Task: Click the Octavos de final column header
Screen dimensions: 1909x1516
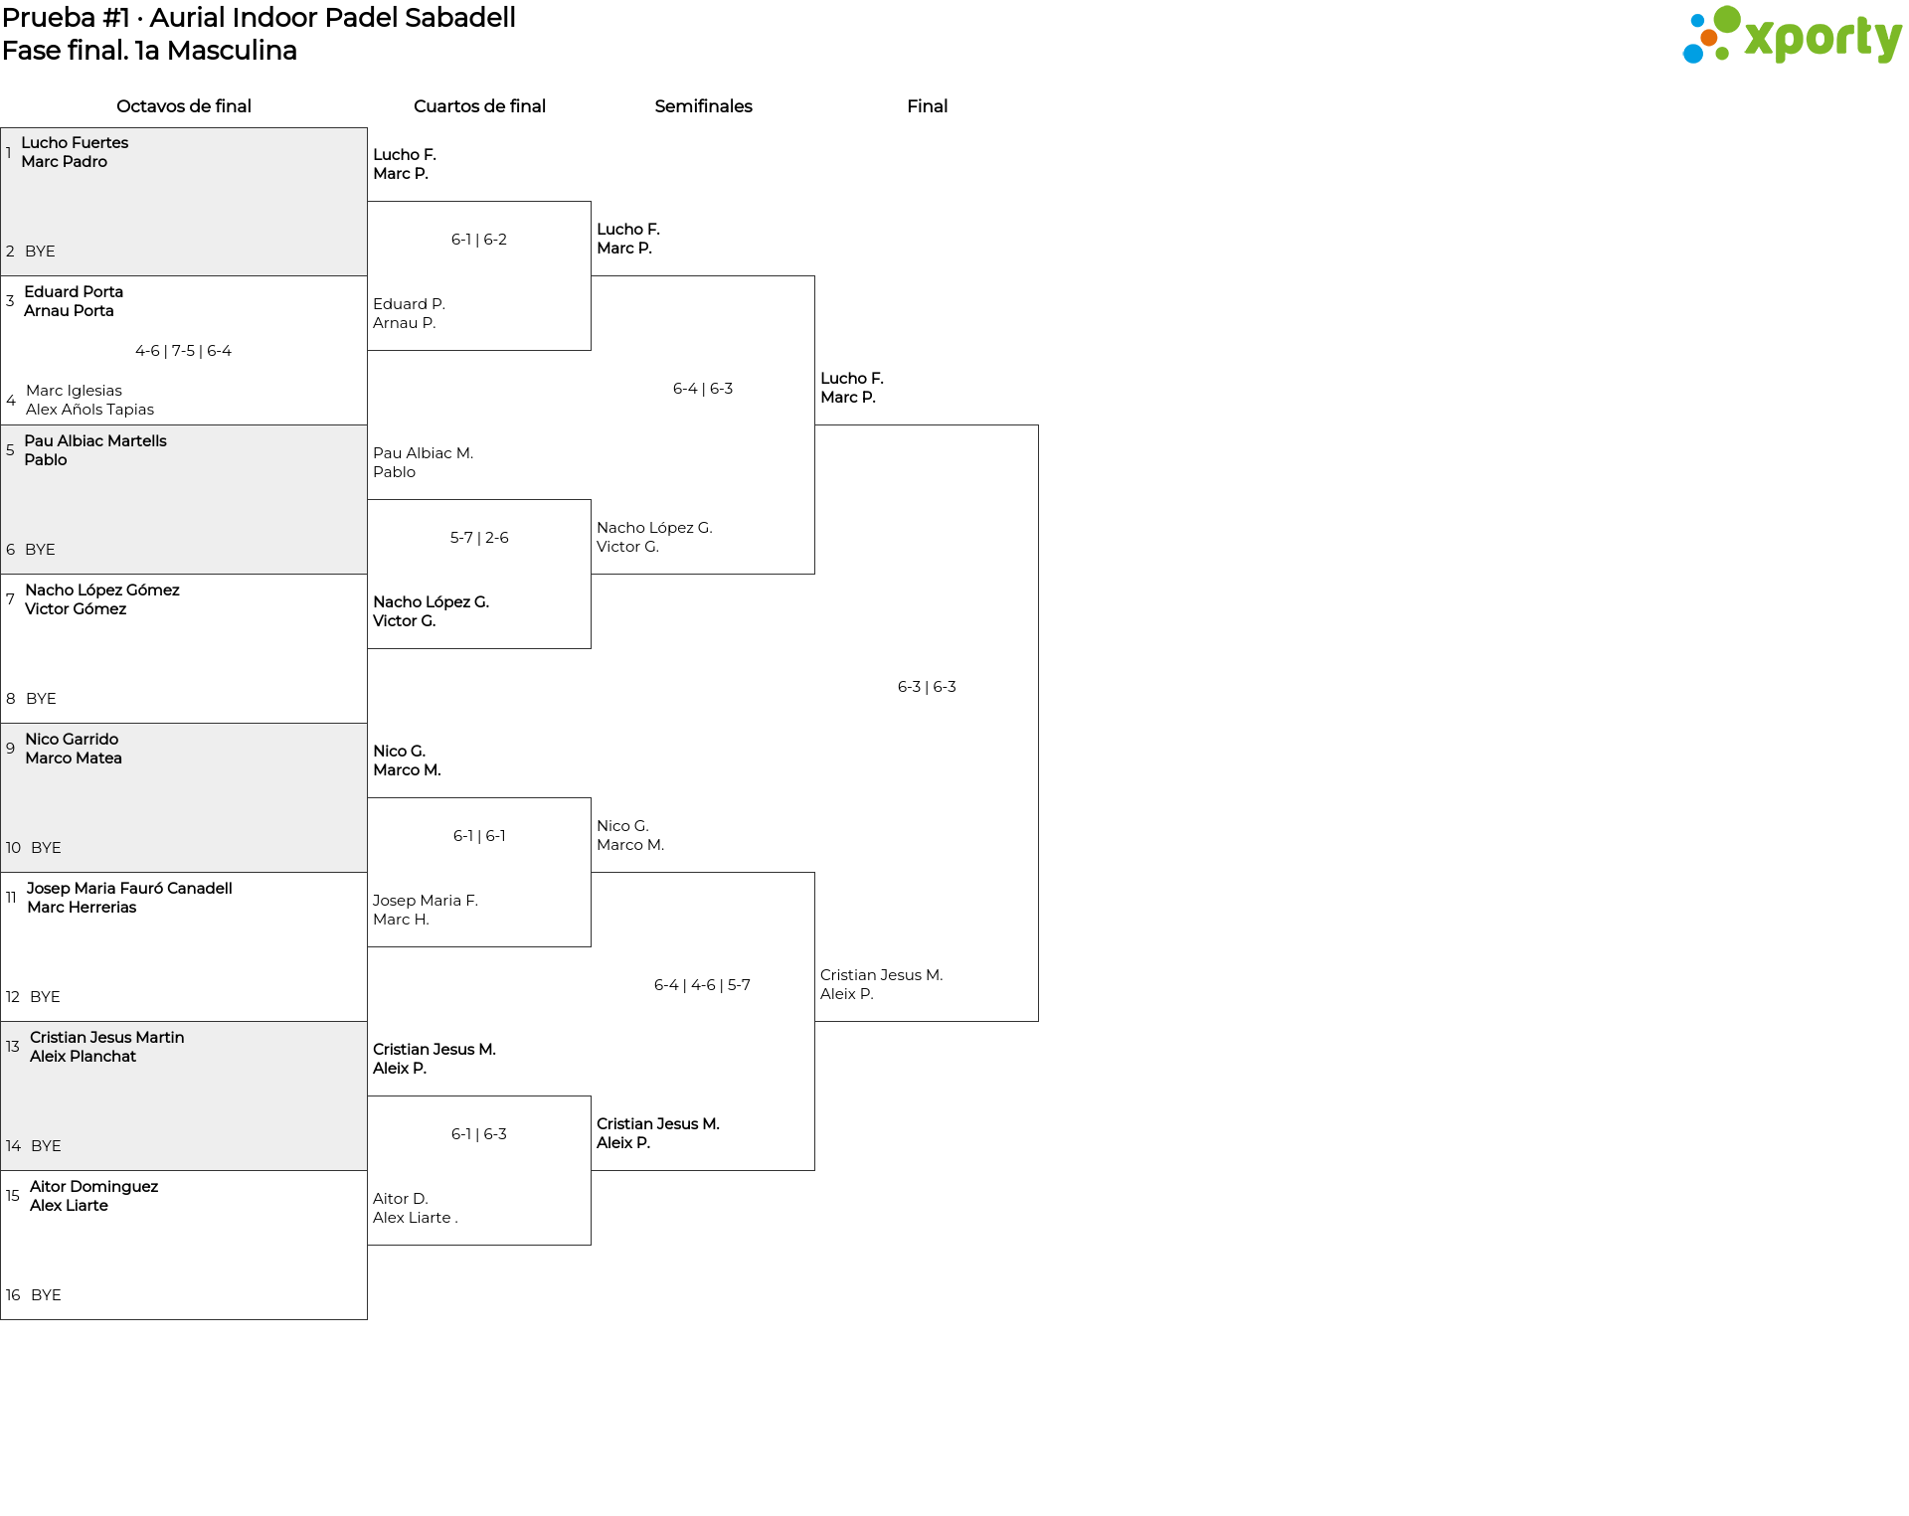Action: [x=184, y=106]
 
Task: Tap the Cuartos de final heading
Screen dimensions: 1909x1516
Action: [x=479, y=106]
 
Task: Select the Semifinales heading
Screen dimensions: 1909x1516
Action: [x=703, y=106]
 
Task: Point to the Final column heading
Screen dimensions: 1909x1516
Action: [x=927, y=106]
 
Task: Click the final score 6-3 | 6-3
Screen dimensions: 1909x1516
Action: [x=927, y=687]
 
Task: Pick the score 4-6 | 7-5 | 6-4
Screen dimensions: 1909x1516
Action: [x=183, y=351]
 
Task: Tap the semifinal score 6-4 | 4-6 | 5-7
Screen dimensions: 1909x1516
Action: [x=702, y=985]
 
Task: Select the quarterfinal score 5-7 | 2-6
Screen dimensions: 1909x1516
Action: [x=479, y=538]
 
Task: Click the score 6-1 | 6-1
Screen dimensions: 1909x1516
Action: [x=479, y=836]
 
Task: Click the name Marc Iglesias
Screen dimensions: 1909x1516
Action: [x=75, y=391]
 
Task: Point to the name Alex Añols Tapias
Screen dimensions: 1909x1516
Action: [x=90, y=410]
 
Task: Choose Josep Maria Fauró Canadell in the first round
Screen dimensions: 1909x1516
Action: [x=129, y=888]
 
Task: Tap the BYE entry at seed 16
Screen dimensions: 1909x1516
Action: [x=46, y=1295]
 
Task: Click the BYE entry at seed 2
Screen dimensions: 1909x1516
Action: [x=40, y=252]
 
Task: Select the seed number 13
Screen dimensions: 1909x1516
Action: [x=13, y=1047]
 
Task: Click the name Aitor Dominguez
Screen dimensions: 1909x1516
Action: [x=93, y=1186]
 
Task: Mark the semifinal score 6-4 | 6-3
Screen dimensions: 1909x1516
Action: [x=703, y=389]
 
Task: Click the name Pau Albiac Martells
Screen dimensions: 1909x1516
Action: [x=95, y=440]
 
